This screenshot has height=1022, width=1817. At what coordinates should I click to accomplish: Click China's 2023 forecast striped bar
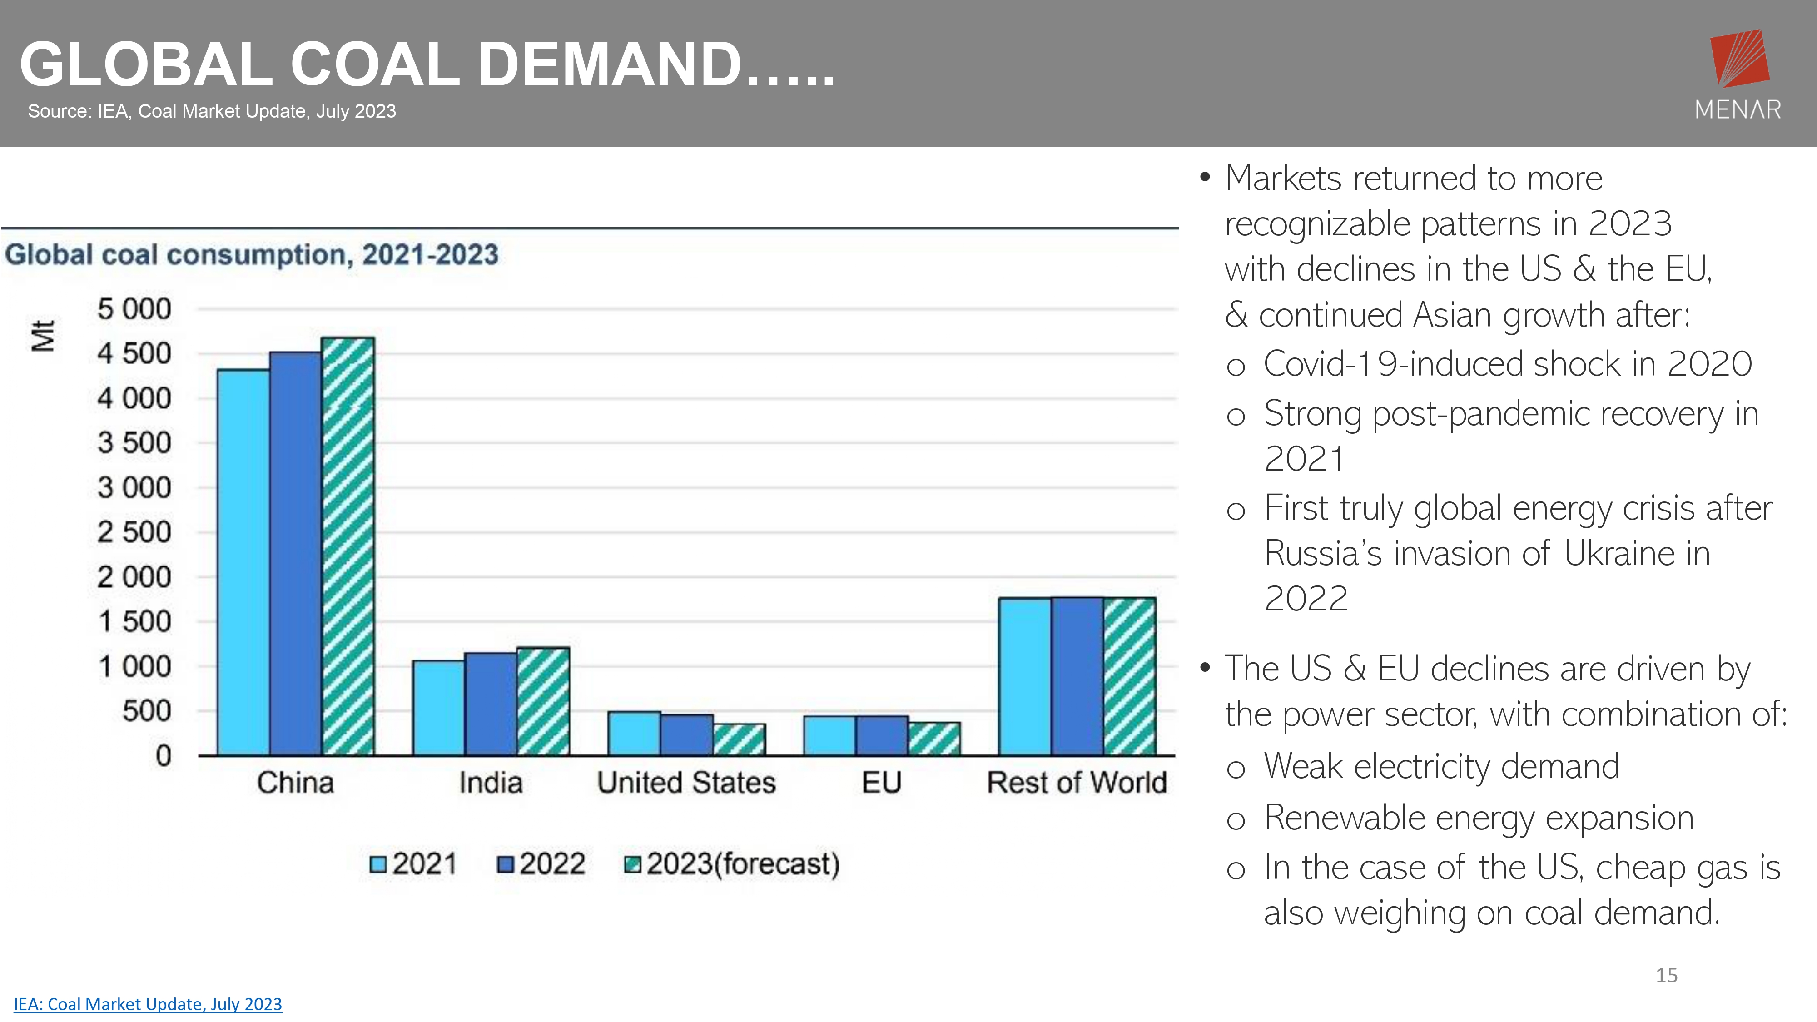coord(348,546)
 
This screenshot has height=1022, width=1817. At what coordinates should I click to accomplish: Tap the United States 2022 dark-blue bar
coord(686,735)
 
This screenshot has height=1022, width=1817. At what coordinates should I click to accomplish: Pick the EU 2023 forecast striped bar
coord(934,739)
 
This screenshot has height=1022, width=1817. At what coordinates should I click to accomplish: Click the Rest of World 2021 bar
coord(1024,677)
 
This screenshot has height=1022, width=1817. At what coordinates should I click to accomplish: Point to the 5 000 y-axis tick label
coord(134,309)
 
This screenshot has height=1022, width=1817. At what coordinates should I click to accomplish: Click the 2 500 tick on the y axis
coord(134,532)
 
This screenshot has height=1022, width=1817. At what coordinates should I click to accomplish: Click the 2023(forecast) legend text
coord(743,864)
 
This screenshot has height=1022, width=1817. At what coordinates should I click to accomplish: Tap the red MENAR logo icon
coord(1739,58)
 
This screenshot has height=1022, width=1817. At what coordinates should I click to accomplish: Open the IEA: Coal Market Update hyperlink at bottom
coord(148,1004)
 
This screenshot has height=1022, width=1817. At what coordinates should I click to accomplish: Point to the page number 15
coord(1666,976)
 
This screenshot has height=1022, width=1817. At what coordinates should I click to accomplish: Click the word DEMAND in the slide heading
coord(610,65)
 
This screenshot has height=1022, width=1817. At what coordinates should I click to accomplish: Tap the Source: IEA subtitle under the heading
coord(212,111)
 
